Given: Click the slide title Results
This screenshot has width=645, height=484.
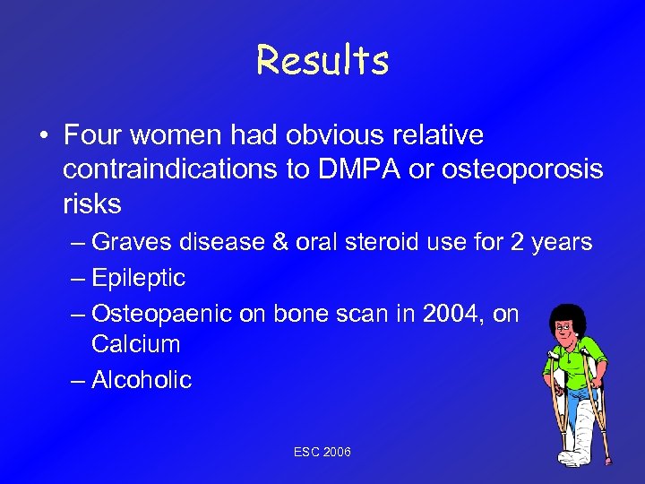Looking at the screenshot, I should tap(322, 60).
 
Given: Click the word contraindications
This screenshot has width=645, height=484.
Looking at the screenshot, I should tap(170, 170).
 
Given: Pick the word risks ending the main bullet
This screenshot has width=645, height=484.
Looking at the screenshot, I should tap(91, 204).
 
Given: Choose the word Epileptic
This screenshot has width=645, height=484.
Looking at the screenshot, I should tap(138, 278).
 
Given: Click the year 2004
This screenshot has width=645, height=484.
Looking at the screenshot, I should tap(456, 314).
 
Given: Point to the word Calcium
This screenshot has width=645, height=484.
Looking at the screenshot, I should tap(135, 344).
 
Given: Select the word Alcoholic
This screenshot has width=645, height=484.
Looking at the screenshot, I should tap(142, 380).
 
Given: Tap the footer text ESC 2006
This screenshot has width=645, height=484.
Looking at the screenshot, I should tap(322, 452).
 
